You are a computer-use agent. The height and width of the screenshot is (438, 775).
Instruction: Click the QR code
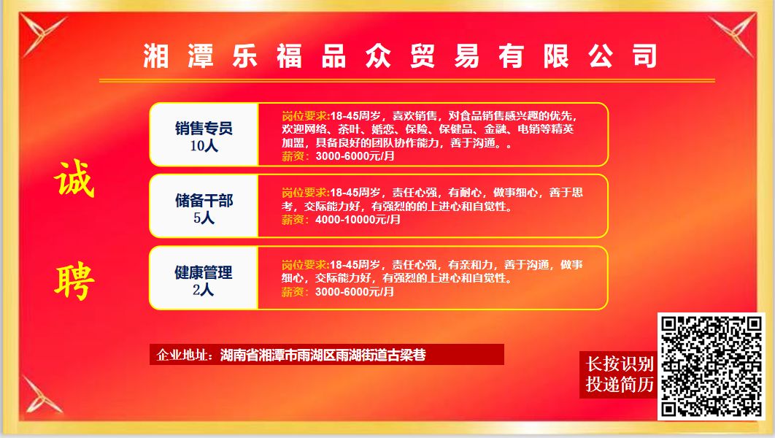tap(712, 366)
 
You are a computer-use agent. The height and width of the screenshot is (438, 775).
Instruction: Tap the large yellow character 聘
tap(74, 283)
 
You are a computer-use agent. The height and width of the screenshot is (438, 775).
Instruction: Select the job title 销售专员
tap(204, 128)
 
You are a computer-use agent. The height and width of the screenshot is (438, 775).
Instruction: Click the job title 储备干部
tap(204, 201)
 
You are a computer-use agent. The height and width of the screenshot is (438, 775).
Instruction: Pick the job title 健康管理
tap(203, 272)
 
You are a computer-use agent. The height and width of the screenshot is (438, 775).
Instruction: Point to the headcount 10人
tap(204, 146)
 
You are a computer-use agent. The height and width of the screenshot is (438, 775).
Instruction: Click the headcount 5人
tap(204, 218)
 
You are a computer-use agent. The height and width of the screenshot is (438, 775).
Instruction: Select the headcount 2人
tap(203, 290)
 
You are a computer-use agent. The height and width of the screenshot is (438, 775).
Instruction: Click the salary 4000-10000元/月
tap(358, 220)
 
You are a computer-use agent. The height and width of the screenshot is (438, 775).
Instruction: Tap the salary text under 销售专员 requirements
tap(355, 156)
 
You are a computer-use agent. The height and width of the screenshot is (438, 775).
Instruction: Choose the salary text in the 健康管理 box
tap(355, 292)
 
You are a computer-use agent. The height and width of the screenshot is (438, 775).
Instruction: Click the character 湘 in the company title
tap(155, 56)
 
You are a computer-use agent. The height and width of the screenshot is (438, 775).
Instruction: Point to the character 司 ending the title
tap(645, 56)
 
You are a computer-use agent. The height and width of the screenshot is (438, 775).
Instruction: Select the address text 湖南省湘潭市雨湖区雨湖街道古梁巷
tap(323, 355)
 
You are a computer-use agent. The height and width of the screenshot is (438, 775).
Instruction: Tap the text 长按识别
tap(620, 364)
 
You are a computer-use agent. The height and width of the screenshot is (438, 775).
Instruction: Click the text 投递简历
tap(620, 384)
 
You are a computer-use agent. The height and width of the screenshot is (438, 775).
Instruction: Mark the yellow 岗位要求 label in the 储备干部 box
tap(306, 193)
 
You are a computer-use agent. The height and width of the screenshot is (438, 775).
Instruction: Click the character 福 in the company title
tap(289, 56)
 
